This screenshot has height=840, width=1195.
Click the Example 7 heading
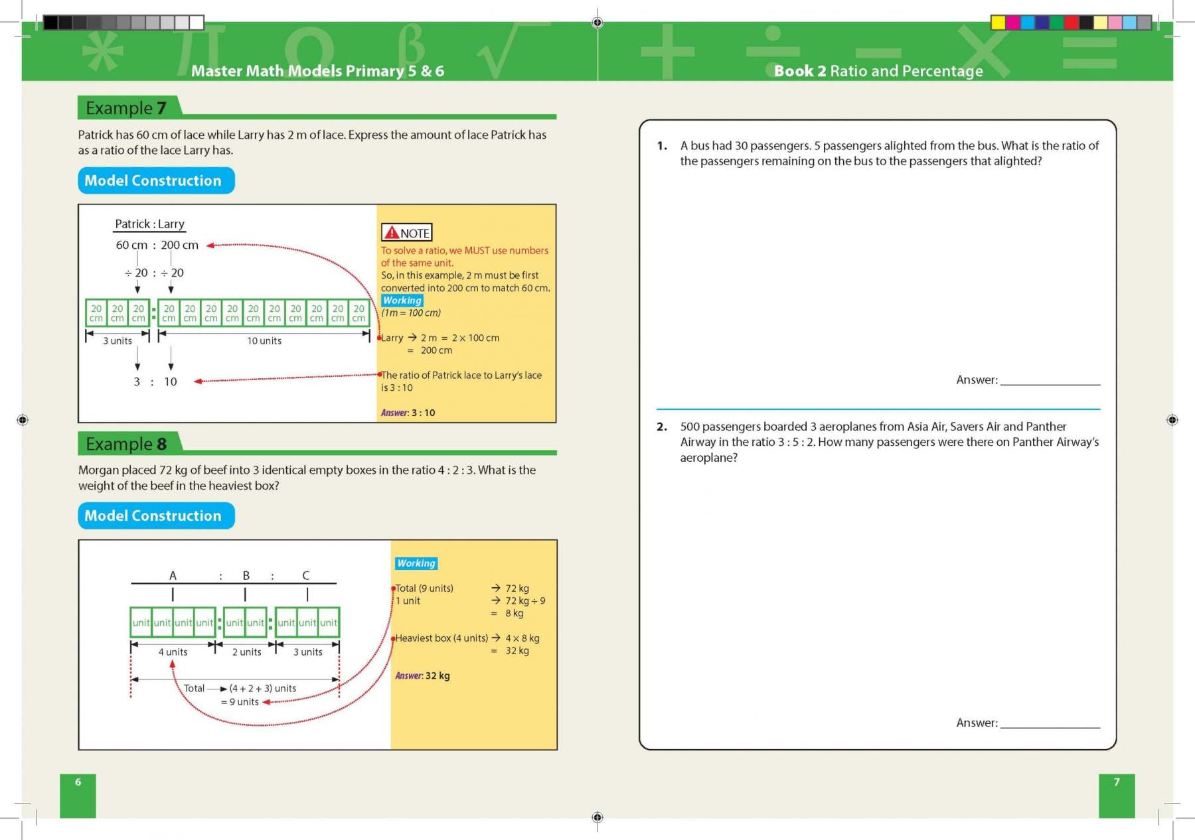pyautogui.click(x=126, y=108)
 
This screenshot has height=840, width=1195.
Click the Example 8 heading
pyautogui.click(x=126, y=444)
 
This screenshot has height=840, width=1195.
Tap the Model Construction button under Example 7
pyautogui.click(x=156, y=180)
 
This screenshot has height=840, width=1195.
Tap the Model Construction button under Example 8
pyautogui.click(x=156, y=516)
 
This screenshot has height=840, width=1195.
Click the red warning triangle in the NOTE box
pyautogui.click(x=392, y=232)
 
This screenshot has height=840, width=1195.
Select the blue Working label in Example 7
pyautogui.click(x=402, y=301)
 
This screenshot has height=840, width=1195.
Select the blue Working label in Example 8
pyautogui.click(x=416, y=563)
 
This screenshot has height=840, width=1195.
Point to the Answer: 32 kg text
pyautogui.click(x=422, y=675)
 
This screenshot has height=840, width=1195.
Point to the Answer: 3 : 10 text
pyautogui.click(x=408, y=413)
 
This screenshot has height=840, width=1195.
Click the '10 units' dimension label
pyautogui.click(x=264, y=341)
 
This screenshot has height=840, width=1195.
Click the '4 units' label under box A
pyautogui.click(x=173, y=652)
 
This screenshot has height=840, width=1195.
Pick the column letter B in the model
pyautogui.click(x=246, y=575)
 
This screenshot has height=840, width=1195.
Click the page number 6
pyautogui.click(x=78, y=782)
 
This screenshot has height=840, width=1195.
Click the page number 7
pyautogui.click(x=1117, y=782)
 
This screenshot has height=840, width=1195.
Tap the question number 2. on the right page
pyautogui.click(x=661, y=427)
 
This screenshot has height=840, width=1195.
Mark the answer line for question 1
pyautogui.click(x=1050, y=383)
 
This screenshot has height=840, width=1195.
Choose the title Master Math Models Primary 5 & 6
pyautogui.click(x=317, y=71)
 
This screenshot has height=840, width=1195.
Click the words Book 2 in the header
pyautogui.click(x=800, y=71)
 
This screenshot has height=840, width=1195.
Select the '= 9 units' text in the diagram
pyautogui.click(x=240, y=702)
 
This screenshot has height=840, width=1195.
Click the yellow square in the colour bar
pyautogui.click(x=998, y=23)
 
